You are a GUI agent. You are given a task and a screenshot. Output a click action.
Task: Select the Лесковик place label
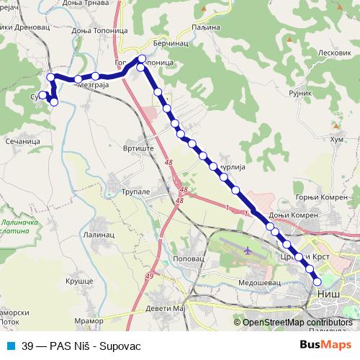coord(333,53)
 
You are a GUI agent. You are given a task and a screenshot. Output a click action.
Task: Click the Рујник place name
coord(300,93)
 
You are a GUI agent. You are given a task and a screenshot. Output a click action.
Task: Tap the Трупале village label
coord(135,192)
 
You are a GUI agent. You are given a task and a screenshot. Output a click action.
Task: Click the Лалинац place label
coord(99,233)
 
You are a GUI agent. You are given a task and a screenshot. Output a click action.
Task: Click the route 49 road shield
coord(150,275)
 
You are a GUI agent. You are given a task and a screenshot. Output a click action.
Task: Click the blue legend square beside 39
coord(9,346)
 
